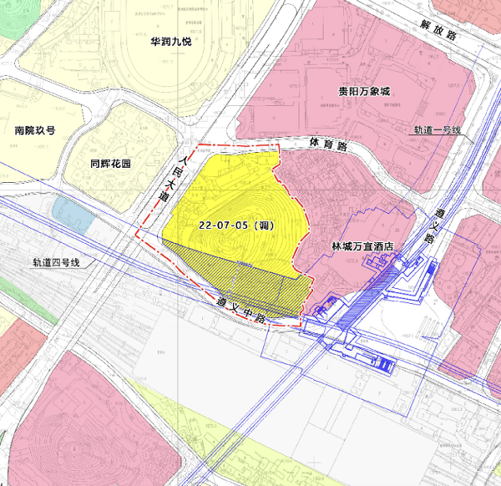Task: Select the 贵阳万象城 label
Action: [x=364, y=91]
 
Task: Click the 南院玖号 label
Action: [x=34, y=131]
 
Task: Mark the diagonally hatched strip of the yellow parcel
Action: [x=250, y=280]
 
